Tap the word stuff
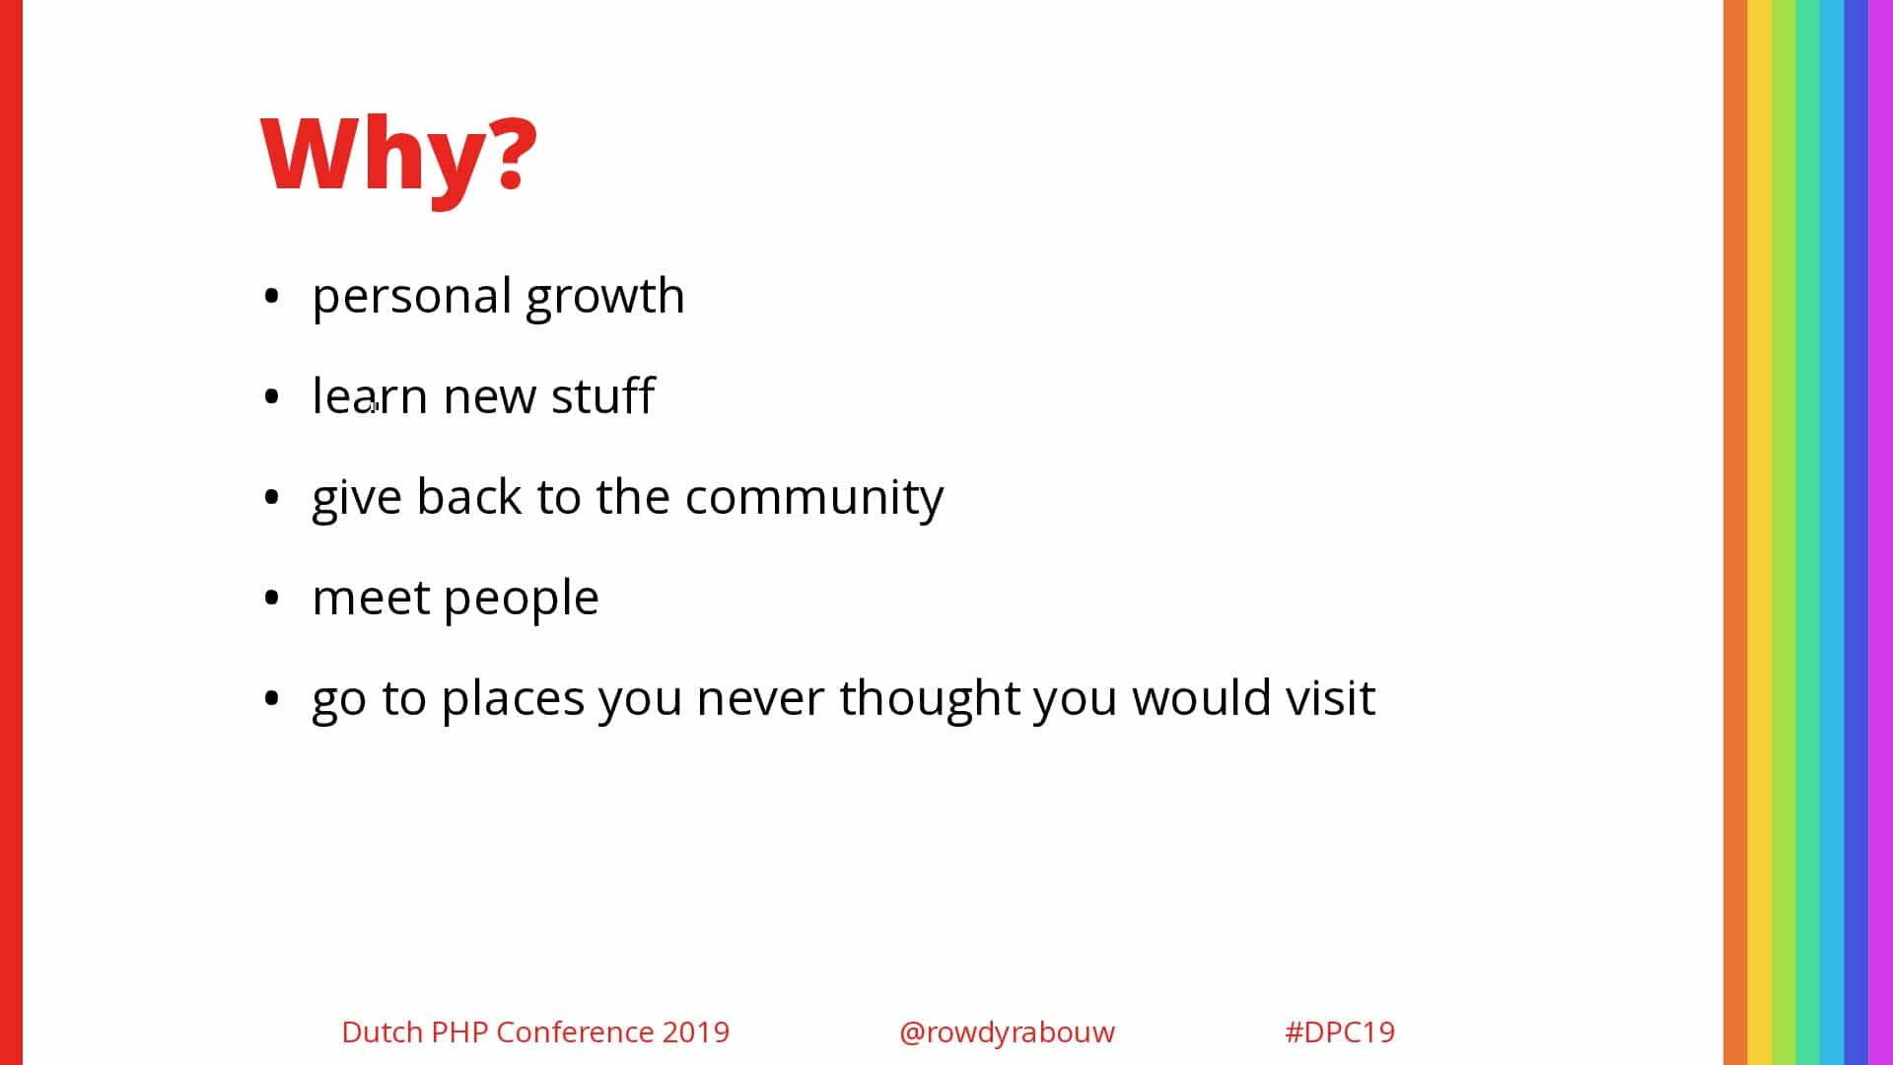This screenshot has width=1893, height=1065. click(602, 395)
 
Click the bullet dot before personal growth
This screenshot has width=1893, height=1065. click(272, 296)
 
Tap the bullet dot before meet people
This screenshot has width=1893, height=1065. click(272, 598)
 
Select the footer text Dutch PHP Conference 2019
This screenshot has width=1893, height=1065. click(535, 1031)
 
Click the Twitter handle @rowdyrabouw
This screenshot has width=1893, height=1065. click(1007, 1032)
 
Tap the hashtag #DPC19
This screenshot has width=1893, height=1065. click(1340, 1031)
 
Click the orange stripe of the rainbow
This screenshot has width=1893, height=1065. click(1735, 532)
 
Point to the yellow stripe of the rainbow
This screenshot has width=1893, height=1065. click(1760, 532)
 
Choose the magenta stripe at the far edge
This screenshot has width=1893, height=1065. click(1881, 532)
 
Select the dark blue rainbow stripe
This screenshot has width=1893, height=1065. click(1857, 532)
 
